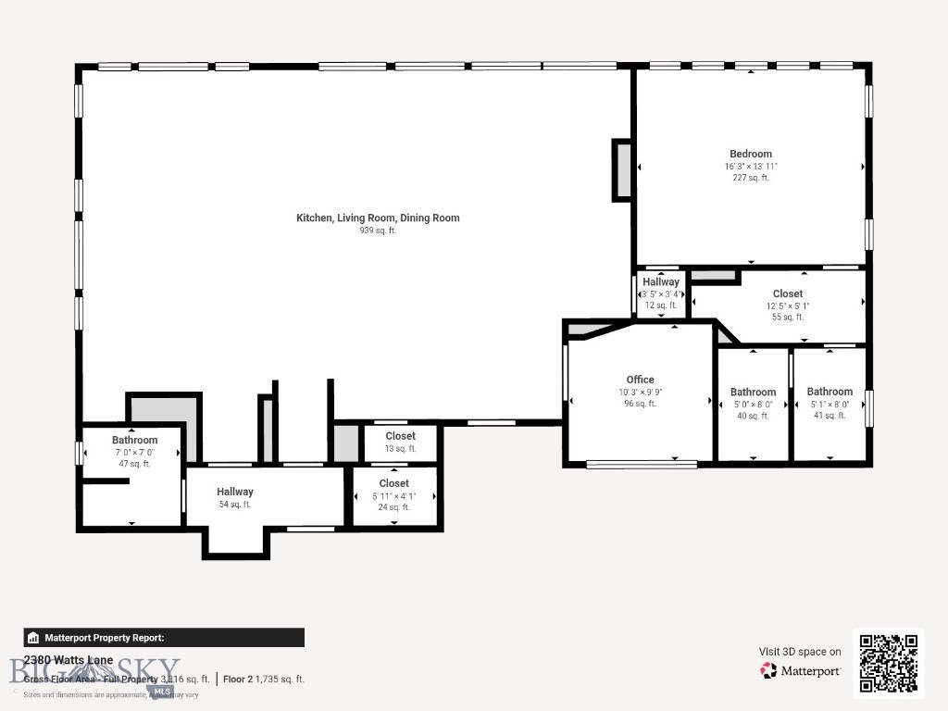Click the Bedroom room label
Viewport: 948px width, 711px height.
pos(750,154)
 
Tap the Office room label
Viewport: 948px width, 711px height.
pos(640,380)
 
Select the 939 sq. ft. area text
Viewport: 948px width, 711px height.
pos(378,231)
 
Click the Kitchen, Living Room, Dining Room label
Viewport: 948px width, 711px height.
pos(378,218)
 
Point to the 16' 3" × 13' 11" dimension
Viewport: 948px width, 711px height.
pos(750,167)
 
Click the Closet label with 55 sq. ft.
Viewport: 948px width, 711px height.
pos(788,293)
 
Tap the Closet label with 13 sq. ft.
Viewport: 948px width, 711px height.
pos(400,436)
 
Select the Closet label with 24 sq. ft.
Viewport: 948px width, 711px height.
pos(393,483)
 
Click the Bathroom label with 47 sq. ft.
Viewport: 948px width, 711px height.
pos(135,440)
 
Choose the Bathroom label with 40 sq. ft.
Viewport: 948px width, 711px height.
pos(753,393)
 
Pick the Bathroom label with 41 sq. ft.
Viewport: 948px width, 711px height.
pos(829,392)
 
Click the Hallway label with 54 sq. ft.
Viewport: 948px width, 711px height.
pos(235,492)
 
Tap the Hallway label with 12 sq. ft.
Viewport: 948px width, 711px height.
pos(661,282)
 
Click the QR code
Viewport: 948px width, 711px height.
pos(888,663)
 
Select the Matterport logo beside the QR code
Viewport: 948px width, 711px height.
pos(801,670)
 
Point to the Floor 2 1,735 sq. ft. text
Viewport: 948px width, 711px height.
pos(264,679)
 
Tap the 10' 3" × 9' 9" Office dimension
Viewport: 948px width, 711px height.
pos(640,392)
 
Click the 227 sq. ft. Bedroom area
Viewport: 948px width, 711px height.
pos(750,178)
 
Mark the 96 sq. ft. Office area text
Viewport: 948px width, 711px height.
pos(640,404)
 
